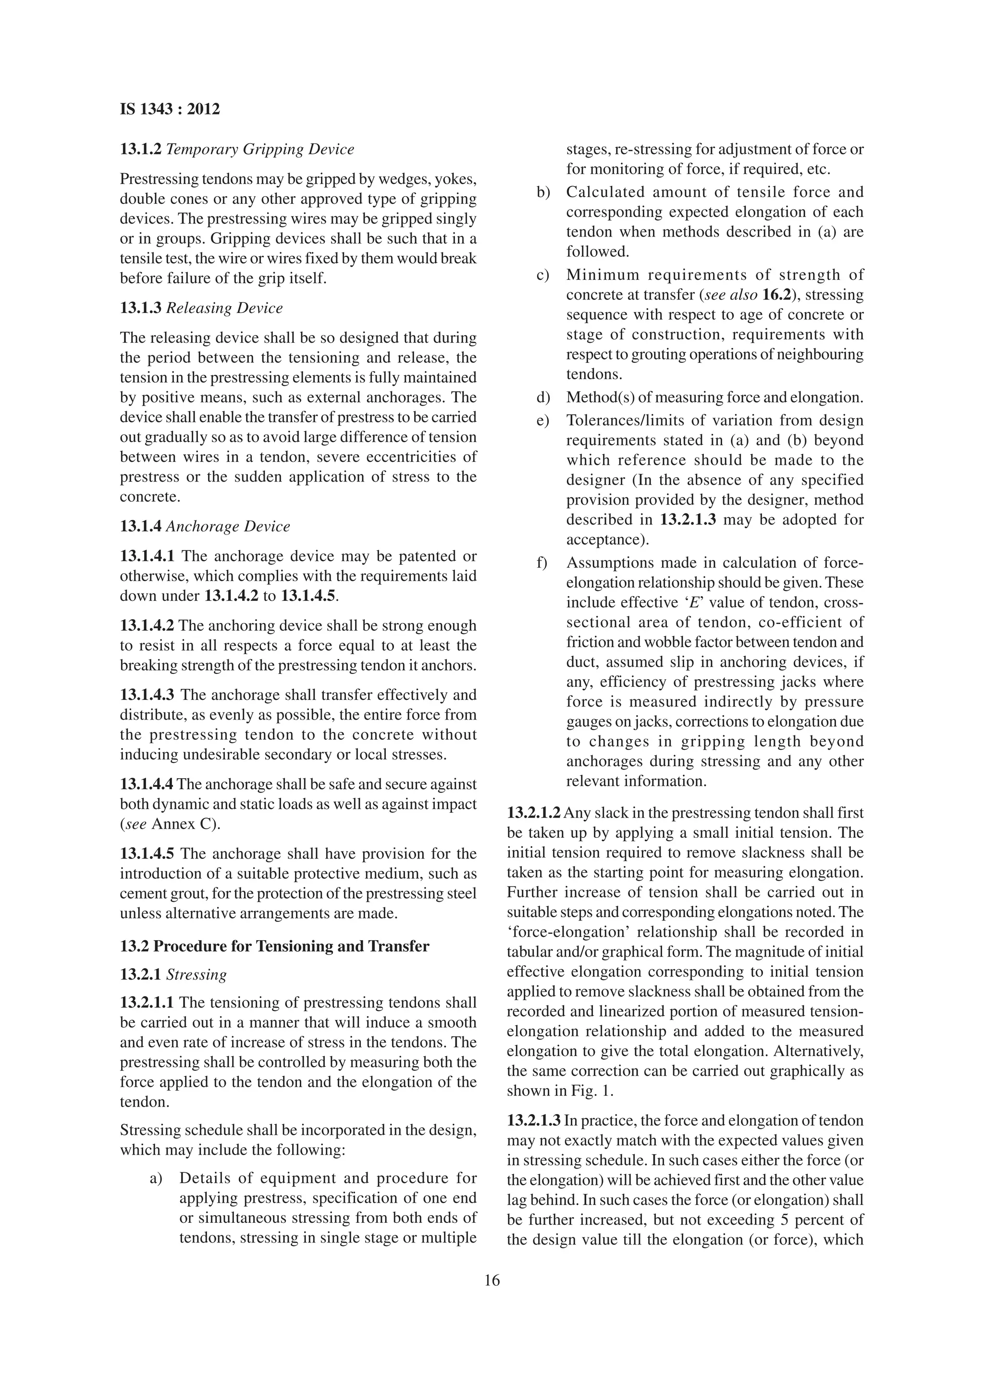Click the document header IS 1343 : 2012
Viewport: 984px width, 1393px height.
click(x=170, y=110)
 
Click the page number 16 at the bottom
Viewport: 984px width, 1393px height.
click(x=492, y=1280)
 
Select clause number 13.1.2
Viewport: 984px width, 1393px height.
click(x=141, y=149)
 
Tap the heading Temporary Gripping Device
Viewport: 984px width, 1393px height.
click(x=260, y=149)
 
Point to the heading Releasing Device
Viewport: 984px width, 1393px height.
click(x=224, y=308)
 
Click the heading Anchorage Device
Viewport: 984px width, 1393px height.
click(x=228, y=526)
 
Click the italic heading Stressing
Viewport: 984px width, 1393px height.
click(x=197, y=974)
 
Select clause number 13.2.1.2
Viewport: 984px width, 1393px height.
click(x=533, y=813)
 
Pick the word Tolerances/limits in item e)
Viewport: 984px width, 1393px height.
click(x=616, y=421)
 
